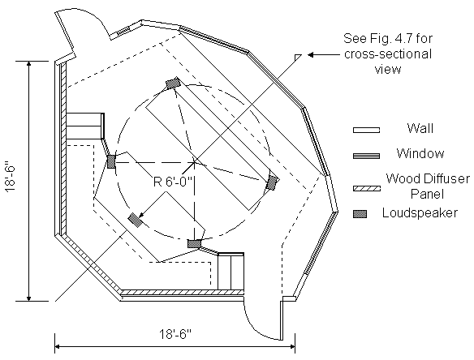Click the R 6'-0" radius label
click(173, 182)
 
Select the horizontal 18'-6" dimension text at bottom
click(175, 334)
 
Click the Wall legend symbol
click(366, 130)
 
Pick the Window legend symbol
click(366, 156)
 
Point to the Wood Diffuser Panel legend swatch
click(366, 189)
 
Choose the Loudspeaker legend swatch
click(360, 214)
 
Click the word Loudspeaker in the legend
click(420, 213)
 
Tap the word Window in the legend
click(420, 153)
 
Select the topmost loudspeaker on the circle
click(173, 83)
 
